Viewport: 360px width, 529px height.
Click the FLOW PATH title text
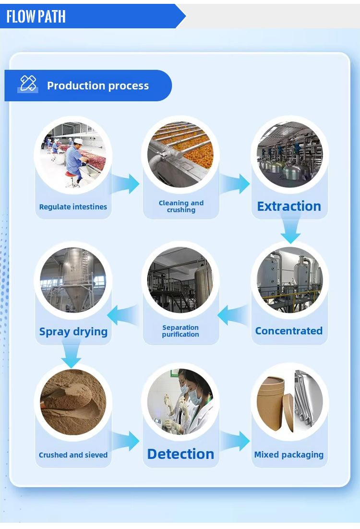[x=36, y=17]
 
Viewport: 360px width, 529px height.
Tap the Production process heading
[x=98, y=86]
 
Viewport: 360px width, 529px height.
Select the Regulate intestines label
[x=73, y=207]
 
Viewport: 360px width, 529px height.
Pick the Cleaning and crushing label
[x=181, y=206]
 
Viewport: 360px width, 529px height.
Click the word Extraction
[x=289, y=206]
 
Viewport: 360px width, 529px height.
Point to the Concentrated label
[x=289, y=331]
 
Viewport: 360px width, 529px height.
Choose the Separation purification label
[x=180, y=331]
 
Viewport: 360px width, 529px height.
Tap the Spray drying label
[x=73, y=331]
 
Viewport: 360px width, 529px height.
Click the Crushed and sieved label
[x=73, y=455]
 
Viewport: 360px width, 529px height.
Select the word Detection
[x=180, y=454]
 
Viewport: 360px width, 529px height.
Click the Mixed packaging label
[x=289, y=455]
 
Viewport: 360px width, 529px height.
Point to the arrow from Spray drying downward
[x=72, y=354]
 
